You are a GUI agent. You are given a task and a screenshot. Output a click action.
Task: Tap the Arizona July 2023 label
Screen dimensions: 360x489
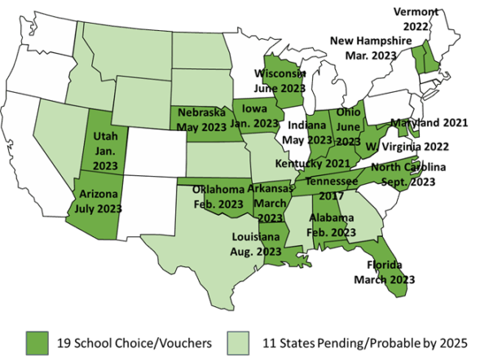click(99, 201)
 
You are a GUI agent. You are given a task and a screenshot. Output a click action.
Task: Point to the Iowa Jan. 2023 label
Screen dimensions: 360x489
click(257, 116)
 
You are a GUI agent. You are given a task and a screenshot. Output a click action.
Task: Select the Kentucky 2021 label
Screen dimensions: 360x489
click(311, 164)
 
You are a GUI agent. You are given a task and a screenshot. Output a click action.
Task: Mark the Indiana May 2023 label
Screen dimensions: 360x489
click(308, 133)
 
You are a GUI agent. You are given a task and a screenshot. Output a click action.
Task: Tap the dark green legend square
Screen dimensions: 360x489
click(37, 342)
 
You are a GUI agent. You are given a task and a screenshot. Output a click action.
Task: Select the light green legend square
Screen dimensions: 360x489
click(238, 342)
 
